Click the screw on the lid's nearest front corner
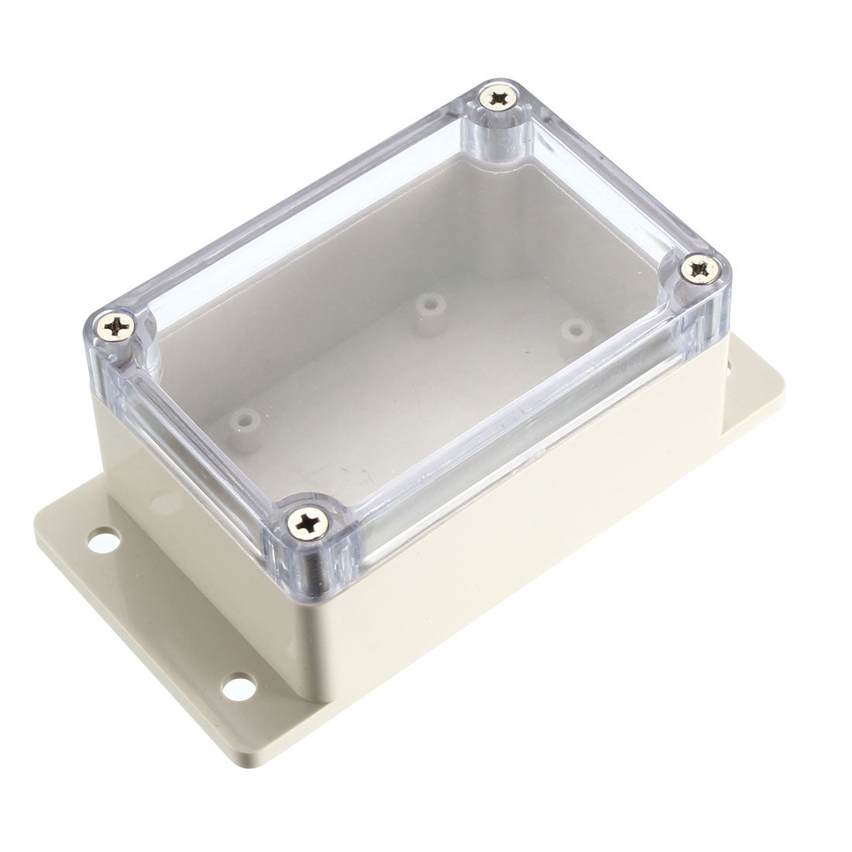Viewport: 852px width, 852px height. coord(304,520)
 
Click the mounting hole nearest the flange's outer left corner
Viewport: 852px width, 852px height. coord(100,538)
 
